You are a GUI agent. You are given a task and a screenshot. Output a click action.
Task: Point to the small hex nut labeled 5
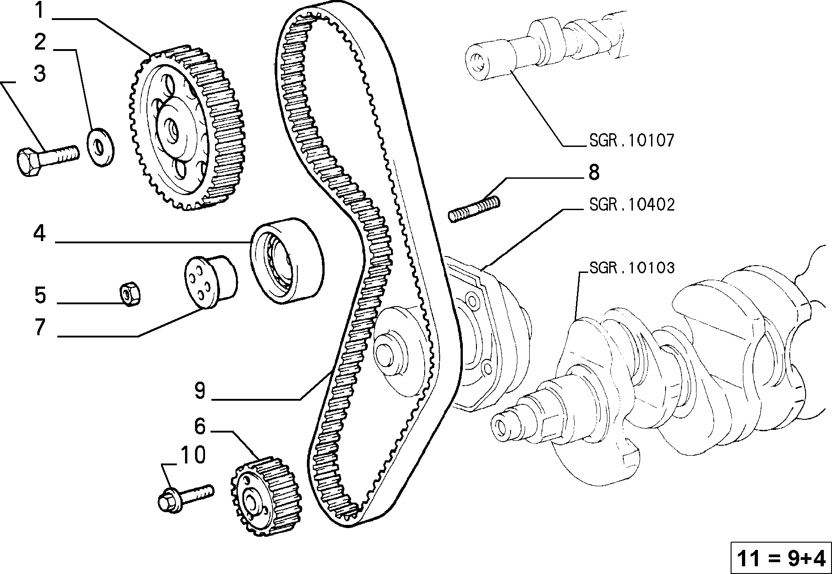(130, 294)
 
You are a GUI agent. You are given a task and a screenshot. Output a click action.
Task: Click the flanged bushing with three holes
(211, 282)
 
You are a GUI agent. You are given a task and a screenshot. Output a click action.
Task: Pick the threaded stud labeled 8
(474, 208)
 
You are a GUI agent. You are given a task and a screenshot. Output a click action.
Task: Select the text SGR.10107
(632, 141)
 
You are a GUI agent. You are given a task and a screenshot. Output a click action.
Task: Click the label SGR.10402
(632, 205)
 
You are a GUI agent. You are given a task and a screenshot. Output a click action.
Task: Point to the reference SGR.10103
(632, 268)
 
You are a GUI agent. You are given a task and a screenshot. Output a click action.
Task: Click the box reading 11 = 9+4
(780, 559)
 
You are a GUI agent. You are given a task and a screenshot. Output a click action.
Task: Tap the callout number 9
(200, 390)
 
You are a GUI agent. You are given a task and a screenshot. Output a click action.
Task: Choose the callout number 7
(40, 327)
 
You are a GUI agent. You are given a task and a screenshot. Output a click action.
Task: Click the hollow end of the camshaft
(476, 62)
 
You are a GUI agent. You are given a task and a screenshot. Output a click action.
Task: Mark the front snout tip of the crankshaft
(501, 426)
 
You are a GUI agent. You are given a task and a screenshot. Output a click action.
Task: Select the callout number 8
(594, 173)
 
